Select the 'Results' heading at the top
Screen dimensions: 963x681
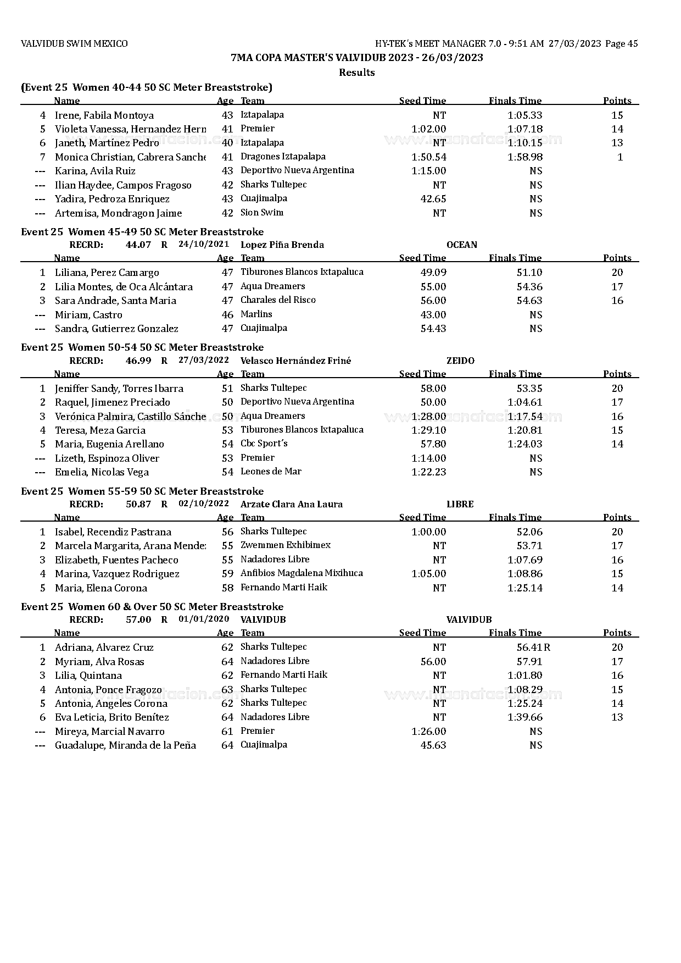click(x=356, y=73)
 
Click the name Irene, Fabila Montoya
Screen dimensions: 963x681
click(x=104, y=115)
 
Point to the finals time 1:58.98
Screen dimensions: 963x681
click(x=525, y=157)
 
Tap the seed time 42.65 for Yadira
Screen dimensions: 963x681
click(x=433, y=199)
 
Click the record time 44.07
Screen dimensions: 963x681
click(x=138, y=245)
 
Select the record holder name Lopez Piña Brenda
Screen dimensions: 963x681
click(x=282, y=245)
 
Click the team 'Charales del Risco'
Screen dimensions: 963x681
click(x=278, y=300)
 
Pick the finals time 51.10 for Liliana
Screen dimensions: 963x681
click(x=530, y=273)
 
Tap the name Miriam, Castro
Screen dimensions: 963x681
click(x=88, y=315)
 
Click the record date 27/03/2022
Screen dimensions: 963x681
click(x=204, y=361)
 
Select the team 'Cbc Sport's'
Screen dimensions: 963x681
click(x=264, y=444)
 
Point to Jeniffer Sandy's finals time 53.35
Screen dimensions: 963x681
click(x=530, y=389)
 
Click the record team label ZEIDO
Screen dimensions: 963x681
click(x=460, y=361)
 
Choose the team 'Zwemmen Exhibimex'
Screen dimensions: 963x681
click(x=286, y=545)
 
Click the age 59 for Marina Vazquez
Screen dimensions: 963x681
click(x=227, y=574)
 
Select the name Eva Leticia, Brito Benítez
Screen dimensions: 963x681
click(x=112, y=717)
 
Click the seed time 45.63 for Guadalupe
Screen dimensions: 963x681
click(x=433, y=745)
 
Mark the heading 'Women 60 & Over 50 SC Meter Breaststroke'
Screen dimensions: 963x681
click(x=176, y=607)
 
